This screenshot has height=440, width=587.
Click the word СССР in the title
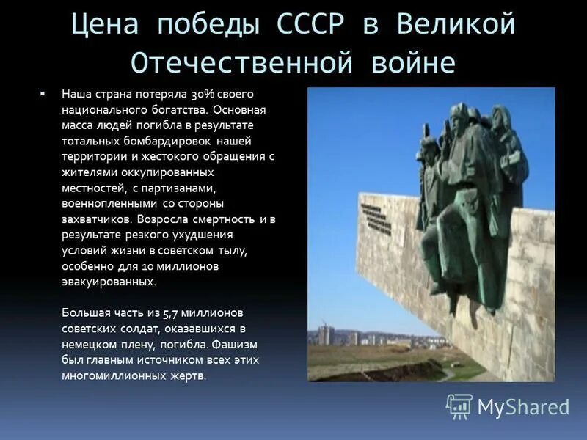point(308,24)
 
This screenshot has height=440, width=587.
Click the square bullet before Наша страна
point(43,95)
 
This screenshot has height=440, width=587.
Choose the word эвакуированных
point(109,281)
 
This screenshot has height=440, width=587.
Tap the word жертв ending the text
point(189,375)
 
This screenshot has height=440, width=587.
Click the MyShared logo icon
point(459,406)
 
